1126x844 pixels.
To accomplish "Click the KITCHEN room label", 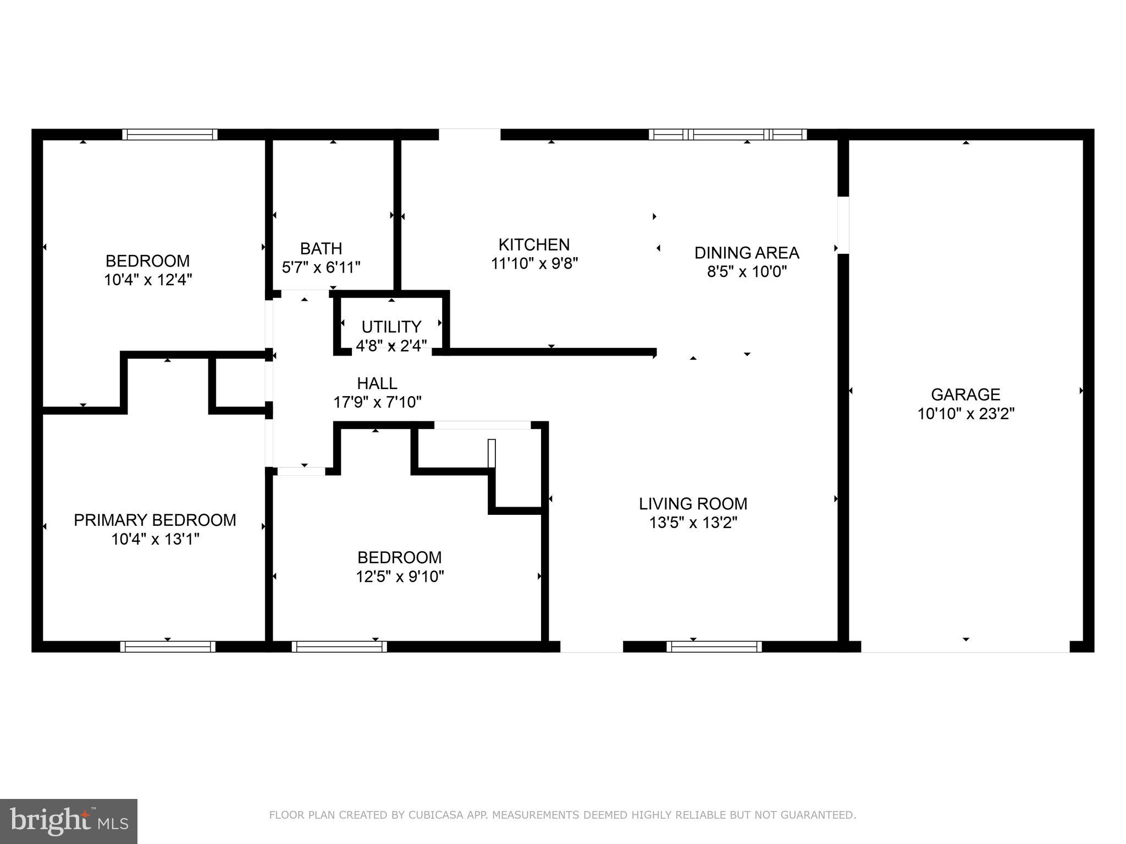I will coord(534,245).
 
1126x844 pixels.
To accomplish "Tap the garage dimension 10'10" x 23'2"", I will coord(965,414).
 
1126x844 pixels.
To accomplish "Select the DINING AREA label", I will coord(746,253).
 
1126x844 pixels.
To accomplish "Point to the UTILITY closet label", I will coord(391,327).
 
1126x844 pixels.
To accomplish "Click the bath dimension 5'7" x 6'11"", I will coord(321,268).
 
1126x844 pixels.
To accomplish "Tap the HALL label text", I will coord(377,383).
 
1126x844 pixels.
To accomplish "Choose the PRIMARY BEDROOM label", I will coord(155,520).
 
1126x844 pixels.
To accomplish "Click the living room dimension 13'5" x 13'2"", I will coord(693,523).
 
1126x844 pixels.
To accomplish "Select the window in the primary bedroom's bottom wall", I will coord(168,647).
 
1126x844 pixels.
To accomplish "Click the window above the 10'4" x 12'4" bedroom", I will coord(170,135).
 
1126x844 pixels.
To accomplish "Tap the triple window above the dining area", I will coord(728,135).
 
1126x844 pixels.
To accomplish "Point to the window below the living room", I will coord(714,647).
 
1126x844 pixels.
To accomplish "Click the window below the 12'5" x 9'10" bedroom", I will coord(339,647).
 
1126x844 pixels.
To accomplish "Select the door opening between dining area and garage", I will coord(843,225).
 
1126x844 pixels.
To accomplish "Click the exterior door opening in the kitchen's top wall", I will coord(470,135).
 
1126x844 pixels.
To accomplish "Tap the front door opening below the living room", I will coord(591,647).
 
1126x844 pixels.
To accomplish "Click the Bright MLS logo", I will coord(68,821).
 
